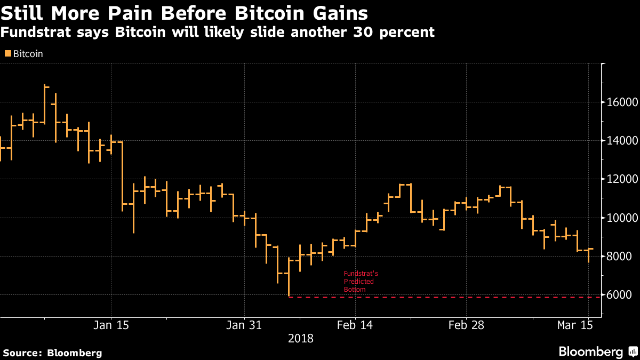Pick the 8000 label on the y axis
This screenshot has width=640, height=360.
[x=619, y=257]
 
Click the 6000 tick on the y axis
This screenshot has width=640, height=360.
[x=619, y=295]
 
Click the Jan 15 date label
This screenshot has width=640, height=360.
[x=111, y=325]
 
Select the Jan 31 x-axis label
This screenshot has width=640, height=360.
[x=244, y=325]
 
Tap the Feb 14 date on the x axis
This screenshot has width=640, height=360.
[x=355, y=325]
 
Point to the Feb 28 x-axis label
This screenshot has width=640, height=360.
[x=466, y=325]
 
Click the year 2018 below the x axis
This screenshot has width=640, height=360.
[x=301, y=338]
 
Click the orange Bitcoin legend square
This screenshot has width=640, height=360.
[x=7, y=53]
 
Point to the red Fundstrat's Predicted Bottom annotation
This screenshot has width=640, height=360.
[x=361, y=282]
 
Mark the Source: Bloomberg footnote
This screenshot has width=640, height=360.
[x=52, y=353]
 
